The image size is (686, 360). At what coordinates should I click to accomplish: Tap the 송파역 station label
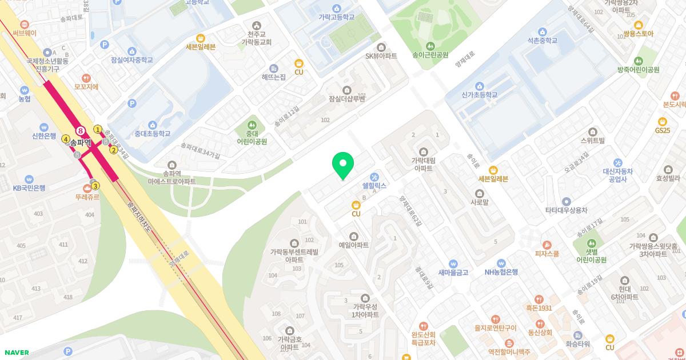pos(81,143)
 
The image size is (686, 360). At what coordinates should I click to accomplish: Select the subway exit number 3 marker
pos(95,186)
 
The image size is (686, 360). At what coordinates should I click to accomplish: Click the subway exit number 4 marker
pos(66,139)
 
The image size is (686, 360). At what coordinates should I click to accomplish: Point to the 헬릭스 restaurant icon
pos(374,176)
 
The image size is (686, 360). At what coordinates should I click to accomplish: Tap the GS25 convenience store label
pos(663,130)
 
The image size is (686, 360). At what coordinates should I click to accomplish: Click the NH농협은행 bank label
pos(501,272)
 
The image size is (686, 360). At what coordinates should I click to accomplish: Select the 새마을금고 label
pos(453,273)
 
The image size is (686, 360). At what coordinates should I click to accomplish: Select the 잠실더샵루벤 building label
pos(346,98)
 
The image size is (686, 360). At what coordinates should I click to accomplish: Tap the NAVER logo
pos(16,353)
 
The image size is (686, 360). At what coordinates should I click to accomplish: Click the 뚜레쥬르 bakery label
pos(87,197)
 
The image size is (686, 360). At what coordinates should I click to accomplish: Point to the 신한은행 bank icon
pos(44,127)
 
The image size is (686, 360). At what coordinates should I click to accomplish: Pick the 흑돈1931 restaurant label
pos(539,308)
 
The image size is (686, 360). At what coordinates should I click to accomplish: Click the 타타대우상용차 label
pos(566,210)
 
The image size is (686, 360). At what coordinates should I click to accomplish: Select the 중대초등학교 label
pos(152,134)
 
